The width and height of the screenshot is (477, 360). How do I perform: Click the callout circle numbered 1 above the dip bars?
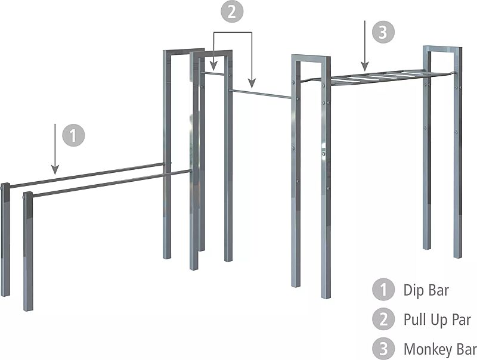tap(73, 135)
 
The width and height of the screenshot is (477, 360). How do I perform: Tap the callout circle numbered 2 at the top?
tap(233, 13)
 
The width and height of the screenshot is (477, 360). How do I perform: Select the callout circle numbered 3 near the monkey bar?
tap(384, 32)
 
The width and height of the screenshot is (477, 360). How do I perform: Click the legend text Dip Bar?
tap(426, 290)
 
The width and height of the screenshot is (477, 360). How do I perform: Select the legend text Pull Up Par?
tap(436, 320)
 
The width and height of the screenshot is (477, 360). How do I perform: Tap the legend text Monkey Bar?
tap(439, 349)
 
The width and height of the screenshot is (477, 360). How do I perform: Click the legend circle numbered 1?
tap(383, 290)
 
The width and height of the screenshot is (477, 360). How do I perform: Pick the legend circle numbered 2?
tap(383, 319)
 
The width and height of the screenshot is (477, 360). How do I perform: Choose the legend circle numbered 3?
tap(383, 348)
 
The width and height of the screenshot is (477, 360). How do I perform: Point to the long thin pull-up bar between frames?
tap(261, 94)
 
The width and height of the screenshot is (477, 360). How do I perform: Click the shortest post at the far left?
tap(5, 238)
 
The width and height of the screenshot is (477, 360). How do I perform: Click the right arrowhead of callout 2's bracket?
tap(252, 83)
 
